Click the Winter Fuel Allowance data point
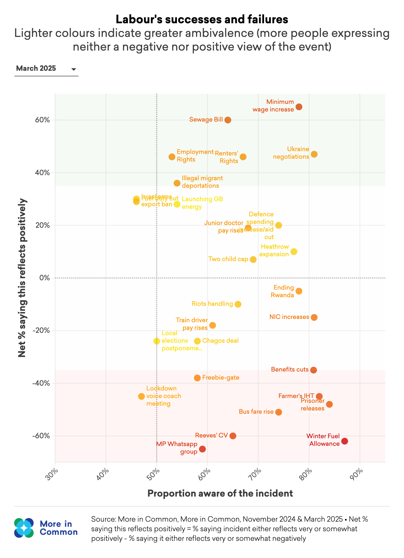tap(344, 441)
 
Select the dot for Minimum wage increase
tap(299, 107)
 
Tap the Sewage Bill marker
tap(228, 120)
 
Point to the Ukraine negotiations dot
tap(314, 154)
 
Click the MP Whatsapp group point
tap(202, 449)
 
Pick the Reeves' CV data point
tap(233, 436)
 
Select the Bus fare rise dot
tap(279, 412)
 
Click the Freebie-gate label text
tap(221, 378)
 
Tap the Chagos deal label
tap(220, 341)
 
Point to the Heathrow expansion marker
tap(294, 251)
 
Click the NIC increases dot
tap(314, 317)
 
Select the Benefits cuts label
tap(290, 369)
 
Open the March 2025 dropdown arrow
tap(74, 69)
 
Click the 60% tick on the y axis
tap(42, 120)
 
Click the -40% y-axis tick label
tap(41, 383)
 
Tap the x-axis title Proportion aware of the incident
tap(220, 493)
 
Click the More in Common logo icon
tap(24, 528)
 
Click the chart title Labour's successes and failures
tap(202, 19)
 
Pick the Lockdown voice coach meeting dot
tap(141, 396)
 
